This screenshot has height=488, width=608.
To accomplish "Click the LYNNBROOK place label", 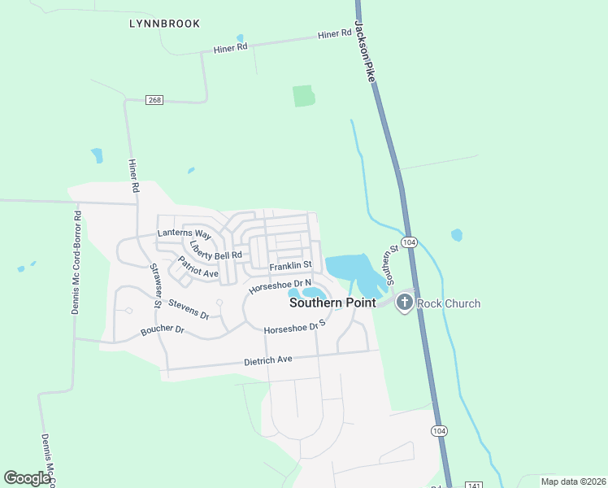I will [164, 24].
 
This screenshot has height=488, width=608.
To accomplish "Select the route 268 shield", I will [155, 99].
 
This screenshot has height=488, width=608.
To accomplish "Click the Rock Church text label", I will [449, 304].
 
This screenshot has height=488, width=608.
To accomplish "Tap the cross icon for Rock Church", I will [404, 303].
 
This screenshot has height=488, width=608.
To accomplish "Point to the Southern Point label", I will [333, 303].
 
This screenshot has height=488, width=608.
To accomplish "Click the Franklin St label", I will [292, 265].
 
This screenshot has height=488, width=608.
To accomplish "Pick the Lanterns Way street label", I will [185, 234].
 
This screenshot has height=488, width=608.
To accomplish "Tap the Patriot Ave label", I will [199, 269].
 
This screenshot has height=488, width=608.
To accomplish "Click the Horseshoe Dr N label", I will [280, 286].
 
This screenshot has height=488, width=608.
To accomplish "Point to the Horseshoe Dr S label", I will [294, 327].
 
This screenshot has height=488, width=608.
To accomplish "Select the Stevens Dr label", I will [189, 307].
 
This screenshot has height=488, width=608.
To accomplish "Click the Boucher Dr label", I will [163, 330].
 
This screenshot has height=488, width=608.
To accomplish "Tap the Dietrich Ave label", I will [267, 359].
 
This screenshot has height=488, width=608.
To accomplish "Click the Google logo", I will [27, 477].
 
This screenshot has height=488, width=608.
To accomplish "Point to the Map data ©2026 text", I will [573, 481].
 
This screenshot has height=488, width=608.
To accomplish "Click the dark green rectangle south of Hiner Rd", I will [303, 95].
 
